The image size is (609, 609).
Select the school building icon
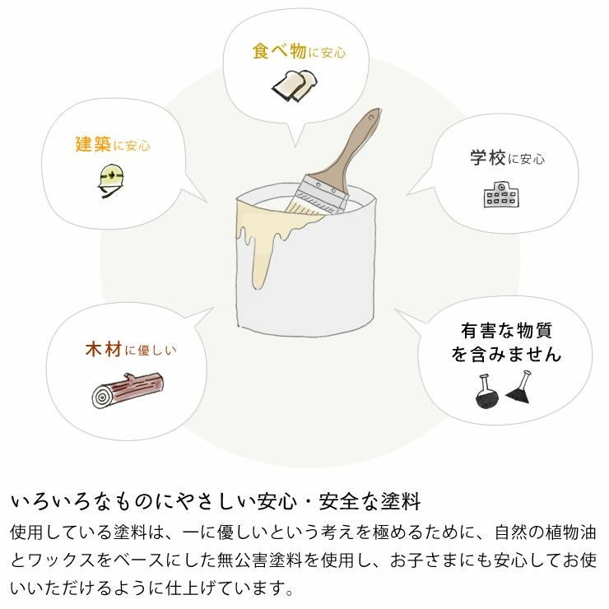pos(500,193)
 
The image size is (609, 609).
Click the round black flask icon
pos(486,392)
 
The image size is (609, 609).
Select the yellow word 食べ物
pos(280,50)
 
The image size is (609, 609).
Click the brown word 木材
pos(104,349)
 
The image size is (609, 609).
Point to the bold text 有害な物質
pos(506,331)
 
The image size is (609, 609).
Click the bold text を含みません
pos(505,355)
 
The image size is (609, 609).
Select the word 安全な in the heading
pos(334,500)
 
